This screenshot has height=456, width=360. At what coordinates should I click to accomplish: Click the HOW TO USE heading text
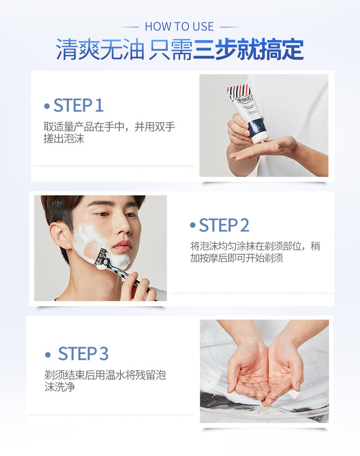pos(180,27)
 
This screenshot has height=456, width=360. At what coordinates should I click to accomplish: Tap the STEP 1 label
pos(78,105)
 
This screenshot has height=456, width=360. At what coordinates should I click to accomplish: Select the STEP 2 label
pos(224,225)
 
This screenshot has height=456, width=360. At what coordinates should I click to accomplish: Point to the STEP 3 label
pos(83,353)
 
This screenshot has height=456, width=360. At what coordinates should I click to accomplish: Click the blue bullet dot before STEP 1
pos(47,106)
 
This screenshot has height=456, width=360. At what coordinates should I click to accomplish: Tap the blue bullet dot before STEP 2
pos(192,225)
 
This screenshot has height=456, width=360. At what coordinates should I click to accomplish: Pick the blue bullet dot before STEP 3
pos(48,354)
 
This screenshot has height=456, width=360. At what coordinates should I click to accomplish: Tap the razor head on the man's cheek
pos(101,258)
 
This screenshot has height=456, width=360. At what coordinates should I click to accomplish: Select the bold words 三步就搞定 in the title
pos(248,49)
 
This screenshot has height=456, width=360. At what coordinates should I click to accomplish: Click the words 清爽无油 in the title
pos(100,49)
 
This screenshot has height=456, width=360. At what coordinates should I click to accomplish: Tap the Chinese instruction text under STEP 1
pos(109,132)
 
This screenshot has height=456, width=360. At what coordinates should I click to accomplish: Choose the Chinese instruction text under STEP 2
pos(255,252)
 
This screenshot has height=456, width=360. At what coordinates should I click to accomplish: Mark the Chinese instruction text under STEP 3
pos(105,381)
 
